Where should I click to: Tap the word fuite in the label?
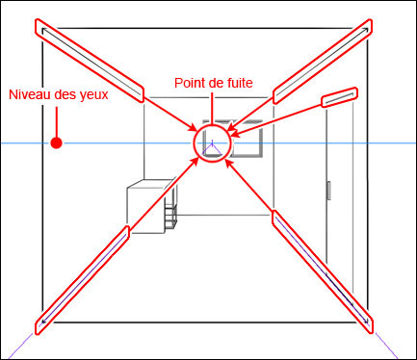tap(241, 83)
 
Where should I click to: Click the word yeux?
tap(95, 95)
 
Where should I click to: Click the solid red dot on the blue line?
tap(57, 142)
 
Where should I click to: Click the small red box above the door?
tap(340, 97)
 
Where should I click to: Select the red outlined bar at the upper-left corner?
tap(90, 61)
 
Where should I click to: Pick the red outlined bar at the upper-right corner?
tap(323, 62)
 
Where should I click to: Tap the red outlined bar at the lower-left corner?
tap(82, 280)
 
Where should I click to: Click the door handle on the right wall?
tap(328, 191)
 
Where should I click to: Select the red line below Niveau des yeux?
tap(57, 122)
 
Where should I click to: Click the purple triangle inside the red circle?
tap(212, 149)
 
